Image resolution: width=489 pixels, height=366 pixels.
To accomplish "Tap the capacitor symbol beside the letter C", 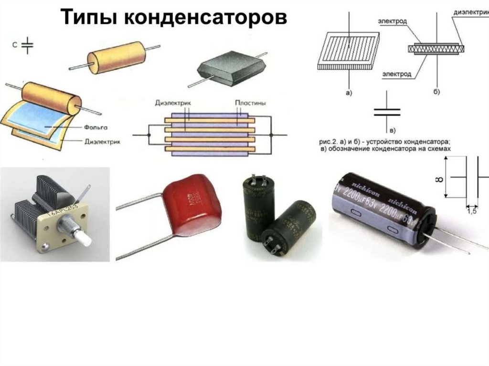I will [x=29, y=45].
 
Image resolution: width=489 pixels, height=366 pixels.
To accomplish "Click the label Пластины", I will [x=250, y=103].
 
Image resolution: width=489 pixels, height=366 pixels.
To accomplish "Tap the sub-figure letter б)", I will [x=436, y=91].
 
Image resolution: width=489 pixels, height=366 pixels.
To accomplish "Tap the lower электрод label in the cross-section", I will [x=394, y=74].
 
